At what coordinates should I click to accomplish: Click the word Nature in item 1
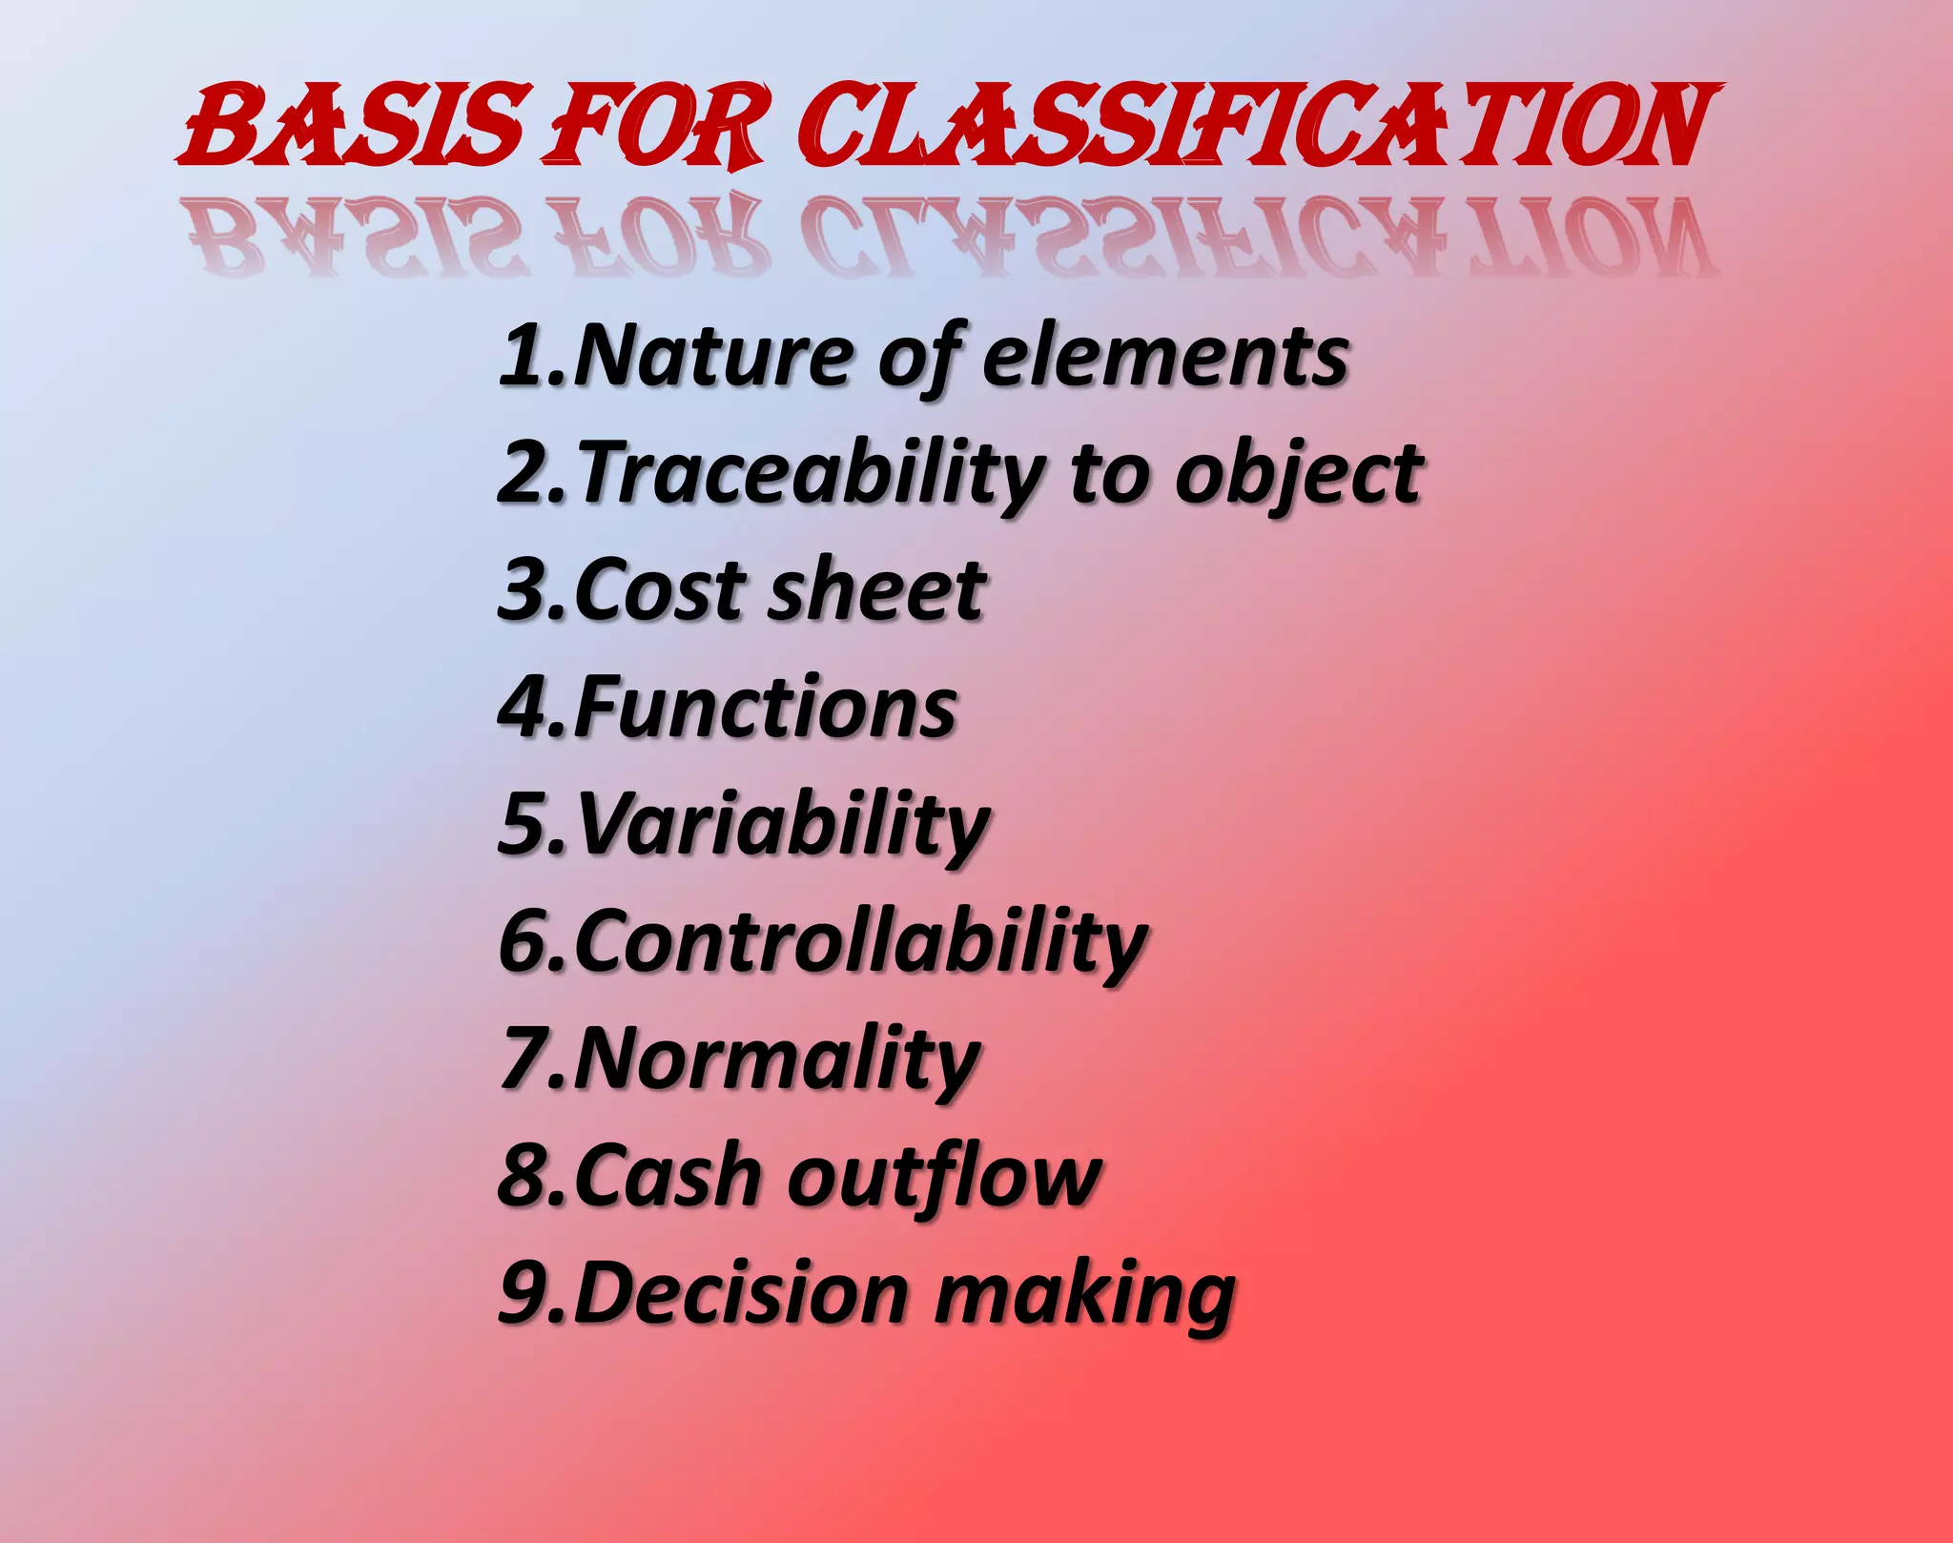pyautogui.click(x=709, y=357)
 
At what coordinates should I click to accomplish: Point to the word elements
pyautogui.click(x=1165, y=357)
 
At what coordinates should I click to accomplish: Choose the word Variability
pyautogui.click(x=782, y=825)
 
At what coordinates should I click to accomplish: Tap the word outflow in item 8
pyautogui.click(x=944, y=1176)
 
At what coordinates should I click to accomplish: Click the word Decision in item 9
pyautogui.click(x=740, y=1294)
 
